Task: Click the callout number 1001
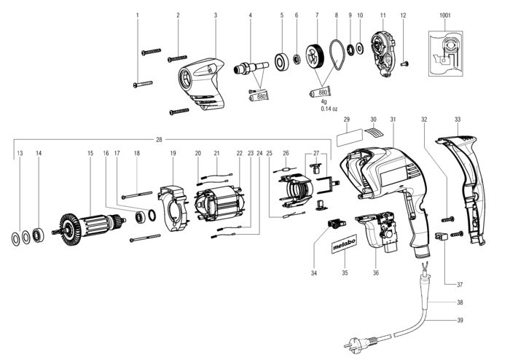point(445,15)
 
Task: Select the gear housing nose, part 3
point(203,85)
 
